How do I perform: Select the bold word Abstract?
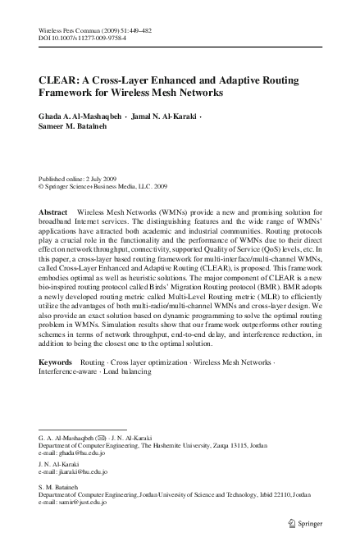(53, 212)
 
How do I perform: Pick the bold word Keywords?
(56, 361)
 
